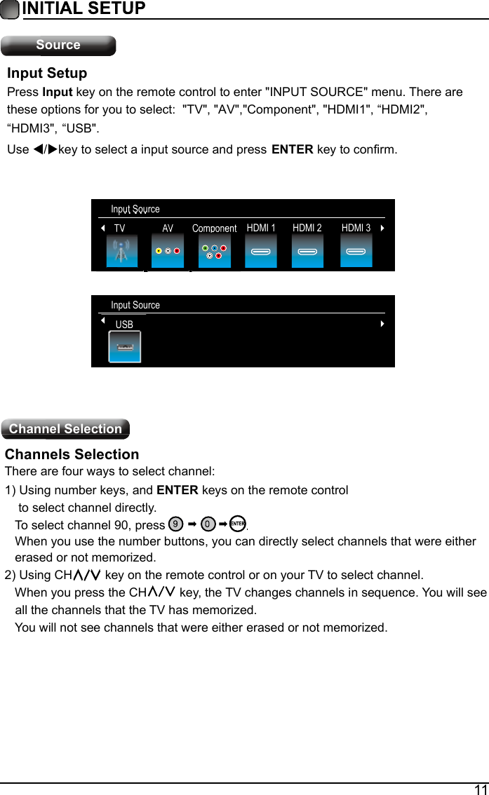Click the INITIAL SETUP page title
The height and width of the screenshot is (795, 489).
[x=83, y=8]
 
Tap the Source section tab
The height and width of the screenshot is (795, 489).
[x=58, y=45]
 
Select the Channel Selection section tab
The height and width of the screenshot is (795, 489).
[x=65, y=429]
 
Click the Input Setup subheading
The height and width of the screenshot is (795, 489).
[x=47, y=74]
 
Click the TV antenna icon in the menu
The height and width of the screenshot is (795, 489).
[x=122, y=251]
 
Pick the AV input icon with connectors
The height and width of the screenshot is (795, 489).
[x=168, y=251]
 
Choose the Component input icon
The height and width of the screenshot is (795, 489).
[x=214, y=251]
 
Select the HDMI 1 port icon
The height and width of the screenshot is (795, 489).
[x=261, y=251]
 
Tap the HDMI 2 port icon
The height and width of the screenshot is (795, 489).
[x=307, y=251]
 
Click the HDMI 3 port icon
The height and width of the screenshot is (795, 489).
[x=356, y=251]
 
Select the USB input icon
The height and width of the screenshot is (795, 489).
[x=124, y=347]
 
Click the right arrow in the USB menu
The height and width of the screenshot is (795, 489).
[x=382, y=324]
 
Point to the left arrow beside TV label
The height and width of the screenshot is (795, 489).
[x=102, y=229]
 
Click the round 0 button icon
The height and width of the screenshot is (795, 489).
[x=208, y=524]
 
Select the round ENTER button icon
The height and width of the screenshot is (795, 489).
[x=238, y=524]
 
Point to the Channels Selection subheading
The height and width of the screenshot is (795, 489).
[x=72, y=454]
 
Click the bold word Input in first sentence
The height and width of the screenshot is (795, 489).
[x=57, y=93]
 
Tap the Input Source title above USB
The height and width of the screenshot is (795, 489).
[x=135, y=305]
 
